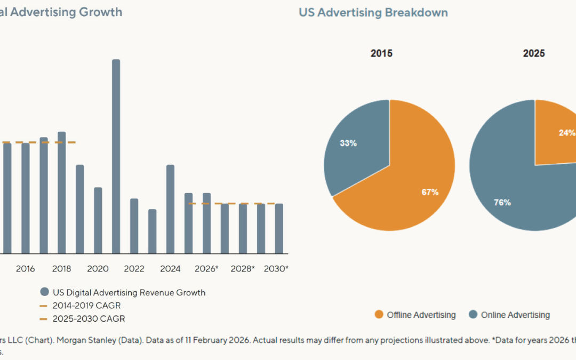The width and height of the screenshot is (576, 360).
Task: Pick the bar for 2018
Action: [x=61, y=192]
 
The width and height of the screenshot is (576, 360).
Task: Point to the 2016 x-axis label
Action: [x=25, y=269]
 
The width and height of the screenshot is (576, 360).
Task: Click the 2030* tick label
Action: [x=276, y=269]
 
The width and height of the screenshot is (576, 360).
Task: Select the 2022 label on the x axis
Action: [x=134, y=269]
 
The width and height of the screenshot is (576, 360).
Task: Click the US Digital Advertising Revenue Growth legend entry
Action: [x=129, y=292]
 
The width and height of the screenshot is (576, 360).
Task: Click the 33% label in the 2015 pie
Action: [x=348, y=143]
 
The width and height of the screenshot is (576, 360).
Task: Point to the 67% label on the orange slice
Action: [x=430, y=192]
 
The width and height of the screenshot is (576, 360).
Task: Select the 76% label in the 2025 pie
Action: [x=502, y=202]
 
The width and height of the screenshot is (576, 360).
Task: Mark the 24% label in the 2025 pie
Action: [x=567, y=133]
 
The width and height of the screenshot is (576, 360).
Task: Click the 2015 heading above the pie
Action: [x=382, y=53]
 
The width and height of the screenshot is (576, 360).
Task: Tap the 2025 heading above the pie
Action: [x=534, y=53]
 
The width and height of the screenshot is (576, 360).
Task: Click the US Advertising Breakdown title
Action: [x=373, y=12]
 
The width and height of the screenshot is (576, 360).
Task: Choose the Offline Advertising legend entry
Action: [x=421, y=315]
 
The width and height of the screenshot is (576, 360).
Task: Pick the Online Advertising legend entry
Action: [x=515, y=315]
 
